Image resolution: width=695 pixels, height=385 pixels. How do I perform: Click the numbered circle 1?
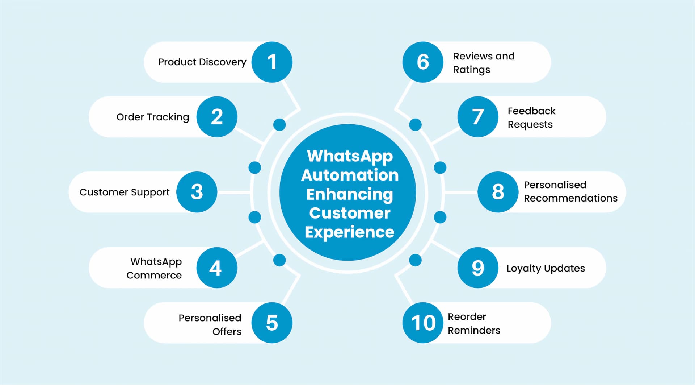[272, 62]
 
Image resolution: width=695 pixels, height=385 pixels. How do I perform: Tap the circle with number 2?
[217, 117]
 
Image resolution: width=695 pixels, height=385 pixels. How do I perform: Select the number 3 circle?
[197, 192]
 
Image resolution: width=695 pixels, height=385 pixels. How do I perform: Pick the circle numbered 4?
[217, 268]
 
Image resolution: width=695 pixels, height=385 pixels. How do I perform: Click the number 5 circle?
[272, 323]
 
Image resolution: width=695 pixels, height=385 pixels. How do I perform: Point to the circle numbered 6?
[423, 62]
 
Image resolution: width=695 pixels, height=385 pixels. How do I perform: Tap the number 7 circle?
[478, 117]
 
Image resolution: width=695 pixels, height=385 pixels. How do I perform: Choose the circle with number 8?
[498, 192]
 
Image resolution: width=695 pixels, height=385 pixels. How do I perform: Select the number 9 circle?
[478, 268]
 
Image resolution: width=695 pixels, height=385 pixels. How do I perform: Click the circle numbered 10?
[423, 323]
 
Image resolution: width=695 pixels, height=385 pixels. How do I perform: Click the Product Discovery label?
[202, 62]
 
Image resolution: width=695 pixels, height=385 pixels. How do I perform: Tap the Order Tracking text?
[152, 117]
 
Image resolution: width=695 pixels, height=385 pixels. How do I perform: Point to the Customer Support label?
[124, 192]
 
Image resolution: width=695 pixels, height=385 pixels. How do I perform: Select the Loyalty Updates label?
[546, 268]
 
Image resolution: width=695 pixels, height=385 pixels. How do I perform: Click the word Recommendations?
[570, 198]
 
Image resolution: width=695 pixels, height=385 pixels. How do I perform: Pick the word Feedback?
[531, 111]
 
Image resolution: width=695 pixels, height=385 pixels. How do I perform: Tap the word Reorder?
[467, 316]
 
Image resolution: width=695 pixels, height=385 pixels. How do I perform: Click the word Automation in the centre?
[350, 175]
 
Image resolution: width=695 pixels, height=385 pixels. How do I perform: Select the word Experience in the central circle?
[350, 232]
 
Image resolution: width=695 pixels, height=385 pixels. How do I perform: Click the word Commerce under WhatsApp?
[154, 275]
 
